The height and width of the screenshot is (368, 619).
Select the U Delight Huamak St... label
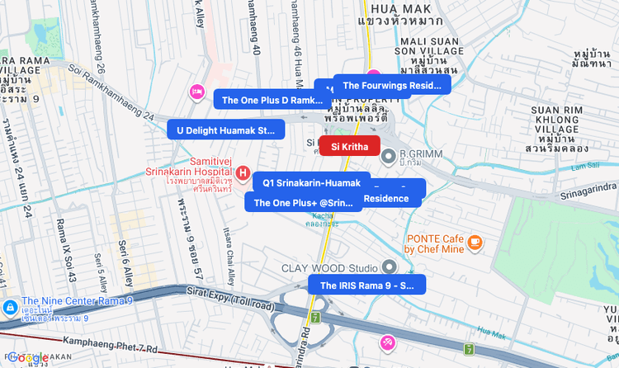(225, 130)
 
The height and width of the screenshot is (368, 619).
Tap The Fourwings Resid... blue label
(392, 85)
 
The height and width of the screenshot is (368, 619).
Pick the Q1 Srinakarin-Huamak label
(311, 182)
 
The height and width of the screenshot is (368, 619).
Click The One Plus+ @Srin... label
(303, 202)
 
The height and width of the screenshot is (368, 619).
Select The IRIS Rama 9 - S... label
(366, 285)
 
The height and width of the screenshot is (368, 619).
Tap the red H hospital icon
(243, 173)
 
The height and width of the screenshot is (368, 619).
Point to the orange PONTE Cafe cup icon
(474, 242)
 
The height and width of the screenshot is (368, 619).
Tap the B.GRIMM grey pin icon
(387, 155)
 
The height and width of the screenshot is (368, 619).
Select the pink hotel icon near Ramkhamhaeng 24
(197, 90)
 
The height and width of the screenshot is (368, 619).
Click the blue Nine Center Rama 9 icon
(9, 307)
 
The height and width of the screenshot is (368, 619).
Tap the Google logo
(29, 356)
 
